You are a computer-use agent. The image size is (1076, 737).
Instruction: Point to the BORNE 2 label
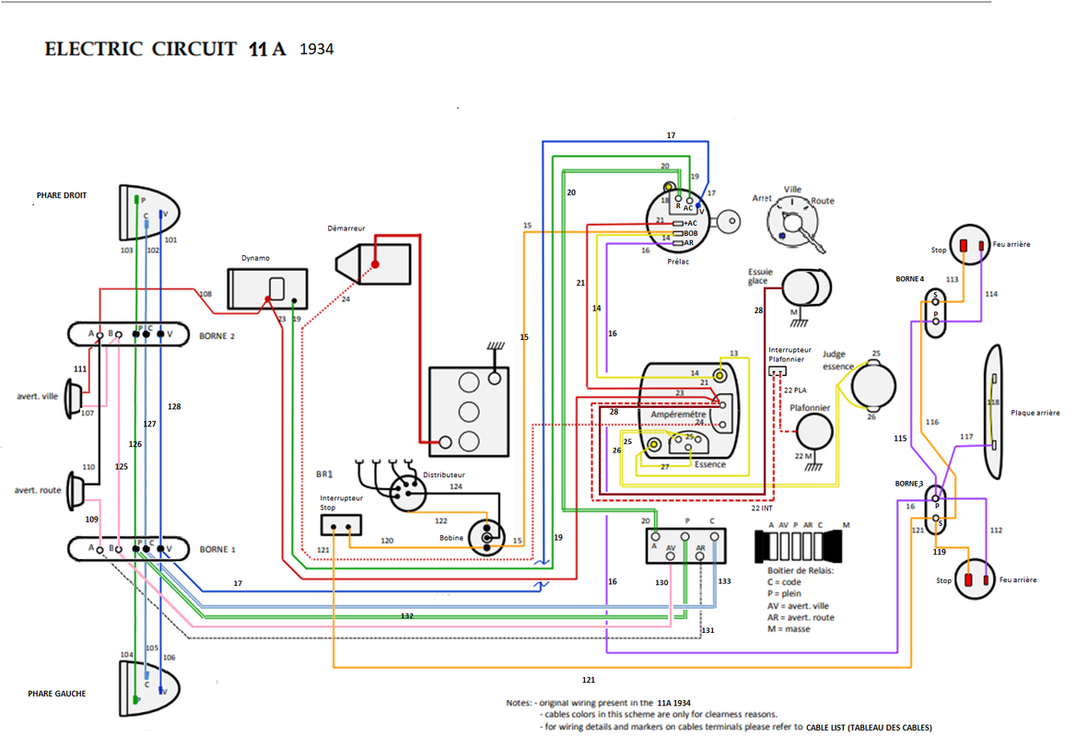217,336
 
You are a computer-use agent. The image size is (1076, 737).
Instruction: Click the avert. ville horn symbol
75,398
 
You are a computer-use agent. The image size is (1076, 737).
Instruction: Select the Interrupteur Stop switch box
340,525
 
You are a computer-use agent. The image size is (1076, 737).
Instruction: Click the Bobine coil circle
485,536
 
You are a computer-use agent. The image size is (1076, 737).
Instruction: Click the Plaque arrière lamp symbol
994,412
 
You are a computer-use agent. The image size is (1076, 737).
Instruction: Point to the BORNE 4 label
909,278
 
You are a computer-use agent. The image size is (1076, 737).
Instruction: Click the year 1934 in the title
317,49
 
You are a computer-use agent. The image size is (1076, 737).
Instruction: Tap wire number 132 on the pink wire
406,614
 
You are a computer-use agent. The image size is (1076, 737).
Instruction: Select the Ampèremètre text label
678,415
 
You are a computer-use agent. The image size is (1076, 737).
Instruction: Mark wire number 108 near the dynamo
205,295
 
